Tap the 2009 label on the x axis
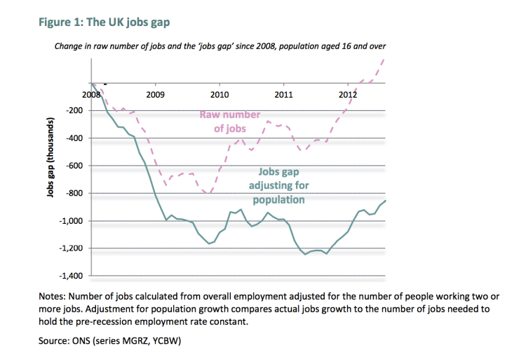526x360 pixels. tap(155, 94)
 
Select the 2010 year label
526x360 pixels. tap(220, 94)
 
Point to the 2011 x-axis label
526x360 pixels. tap(283, 94)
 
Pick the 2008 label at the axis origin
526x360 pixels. tap(91, 94)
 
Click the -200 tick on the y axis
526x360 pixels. tap(73, 111)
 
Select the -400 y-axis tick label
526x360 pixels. tap(73, 138)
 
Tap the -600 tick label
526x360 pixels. tap(73, 166)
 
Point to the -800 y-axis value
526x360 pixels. tap(73, 193)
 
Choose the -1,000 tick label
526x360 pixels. tap(70, 221)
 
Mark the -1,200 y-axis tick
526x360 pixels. tap(70, 248)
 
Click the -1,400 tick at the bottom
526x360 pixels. tap(70, 276)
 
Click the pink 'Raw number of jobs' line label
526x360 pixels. tap(231, 121)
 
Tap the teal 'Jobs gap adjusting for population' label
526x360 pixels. tap(278, 185)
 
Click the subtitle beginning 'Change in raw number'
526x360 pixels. tap(220, 46)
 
